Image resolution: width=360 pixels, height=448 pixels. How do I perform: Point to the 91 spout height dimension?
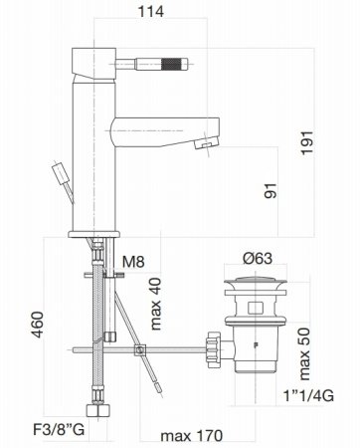point(269,189)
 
